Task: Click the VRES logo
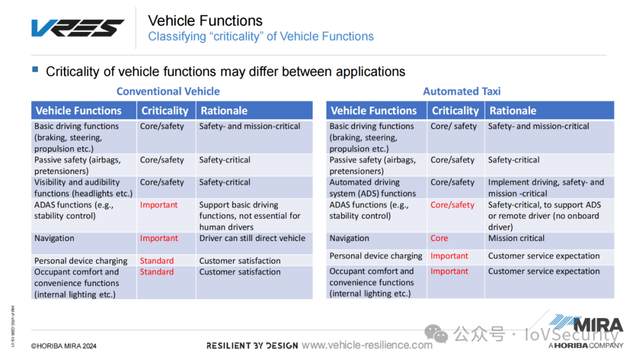pyautogui.click(x=78, y=28)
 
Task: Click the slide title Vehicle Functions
pyautogui.click(x=205, y=21)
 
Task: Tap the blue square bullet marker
pyautogui.click(x=35, y=69)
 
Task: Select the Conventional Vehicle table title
pyautogui.click(x=168, y=91)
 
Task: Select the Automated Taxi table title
pyautogui.click(x=461, y=91)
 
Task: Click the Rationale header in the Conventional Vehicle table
pyautogui.click(x=224, y=111)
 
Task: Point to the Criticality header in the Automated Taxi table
pyautogui.click(x=455, y=111)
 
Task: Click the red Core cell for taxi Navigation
pyautogui.click(x=439, y=238)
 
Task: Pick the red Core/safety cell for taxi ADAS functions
pyautogui.click(x=453, y=205)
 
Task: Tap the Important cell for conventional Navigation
pyautogui.click(x=159, y=238)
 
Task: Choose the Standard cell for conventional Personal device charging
pyautogui.click(x=157, y=261)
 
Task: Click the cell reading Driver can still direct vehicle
pyautogui.click(x=252, y=238)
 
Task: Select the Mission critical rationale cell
pyautogui.click(x=517, y=238)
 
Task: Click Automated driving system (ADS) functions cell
pyautogui.click(x=373, y=188)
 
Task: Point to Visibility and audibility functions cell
pyautogui.click(x=83, y=188)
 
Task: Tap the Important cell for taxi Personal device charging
pyautogui.click(x=450, y=256)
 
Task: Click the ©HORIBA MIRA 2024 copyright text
pyautogui.click(x=64, y=346)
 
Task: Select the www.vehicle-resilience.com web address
pyautogui.click(x=367, y=345)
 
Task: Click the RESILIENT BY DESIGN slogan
pyautogui.click(x=252, y=346)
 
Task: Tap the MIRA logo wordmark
pyautogui.click(x=598, y=326)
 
